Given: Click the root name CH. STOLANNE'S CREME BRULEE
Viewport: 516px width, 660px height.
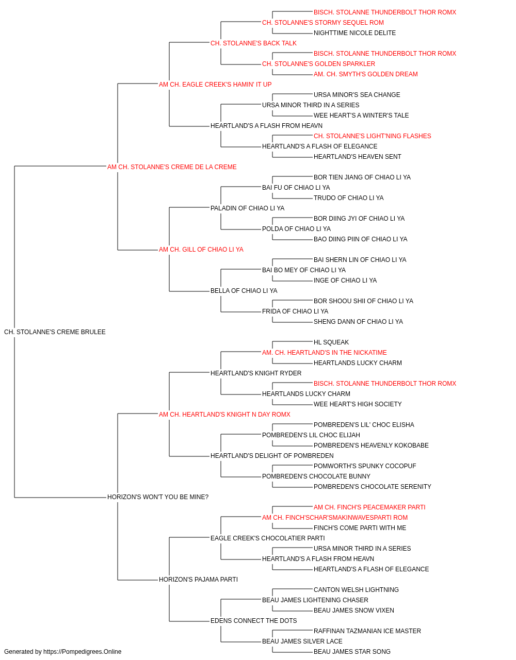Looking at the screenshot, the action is tap(55, 332).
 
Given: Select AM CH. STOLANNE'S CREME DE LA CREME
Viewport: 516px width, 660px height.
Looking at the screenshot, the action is tap(172, 167).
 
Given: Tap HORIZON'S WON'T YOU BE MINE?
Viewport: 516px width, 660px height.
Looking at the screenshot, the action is tap(158, 497).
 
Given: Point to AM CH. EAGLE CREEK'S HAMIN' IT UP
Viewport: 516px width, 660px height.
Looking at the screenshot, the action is tap(215, 85).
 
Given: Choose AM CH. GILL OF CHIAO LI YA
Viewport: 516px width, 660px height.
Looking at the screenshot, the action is tap(201, 250).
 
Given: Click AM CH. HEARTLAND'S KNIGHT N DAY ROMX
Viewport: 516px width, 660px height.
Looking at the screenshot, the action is tap(224, 414).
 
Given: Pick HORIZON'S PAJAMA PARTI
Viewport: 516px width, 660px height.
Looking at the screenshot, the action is tap(198, 580).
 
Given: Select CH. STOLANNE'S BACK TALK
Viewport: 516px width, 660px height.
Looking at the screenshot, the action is tap(253, 43).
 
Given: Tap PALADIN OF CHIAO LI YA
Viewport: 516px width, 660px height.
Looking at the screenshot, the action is tap(247, 208).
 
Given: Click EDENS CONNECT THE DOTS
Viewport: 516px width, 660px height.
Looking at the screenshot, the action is tap(253, 620).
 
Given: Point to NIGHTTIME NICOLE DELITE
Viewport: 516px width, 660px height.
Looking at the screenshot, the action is tap(354, 33).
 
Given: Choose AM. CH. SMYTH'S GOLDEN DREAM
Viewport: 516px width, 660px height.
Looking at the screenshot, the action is tap(365, 74).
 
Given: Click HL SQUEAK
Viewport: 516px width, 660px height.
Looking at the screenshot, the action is tap(331, 342).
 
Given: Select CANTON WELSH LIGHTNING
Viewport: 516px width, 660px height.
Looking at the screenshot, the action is tap(356, 590).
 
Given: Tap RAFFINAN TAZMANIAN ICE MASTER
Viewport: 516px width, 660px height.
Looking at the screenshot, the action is tap(367, 631).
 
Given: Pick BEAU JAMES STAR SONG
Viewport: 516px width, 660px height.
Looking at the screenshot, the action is tap(352, 652).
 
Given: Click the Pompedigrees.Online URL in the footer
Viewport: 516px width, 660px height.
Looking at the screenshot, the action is tap(82, 652).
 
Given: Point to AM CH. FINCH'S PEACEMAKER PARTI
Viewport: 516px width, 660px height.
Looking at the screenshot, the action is tap(369, 507).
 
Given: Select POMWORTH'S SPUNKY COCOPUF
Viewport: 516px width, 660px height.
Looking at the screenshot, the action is tap(365, 466).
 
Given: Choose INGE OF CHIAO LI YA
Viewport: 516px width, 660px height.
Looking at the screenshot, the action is tap(345, 280).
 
